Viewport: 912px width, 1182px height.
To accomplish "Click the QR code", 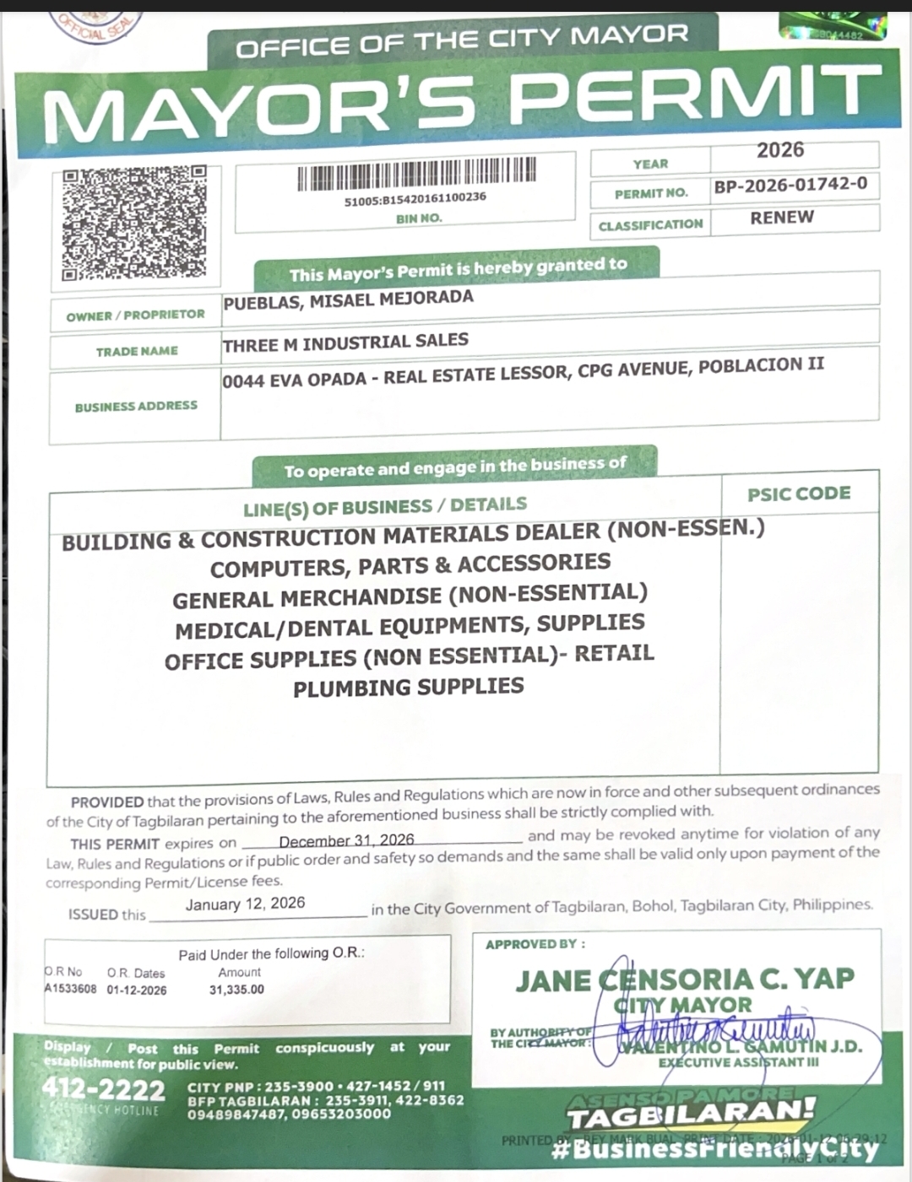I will point(133,224).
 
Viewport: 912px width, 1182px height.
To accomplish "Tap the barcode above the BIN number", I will point(415,175).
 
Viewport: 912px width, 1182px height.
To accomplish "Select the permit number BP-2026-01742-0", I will point(790,185).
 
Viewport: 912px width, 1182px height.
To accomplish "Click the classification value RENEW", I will point(782,217).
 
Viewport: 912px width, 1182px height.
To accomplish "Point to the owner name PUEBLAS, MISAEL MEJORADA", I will point(348,300).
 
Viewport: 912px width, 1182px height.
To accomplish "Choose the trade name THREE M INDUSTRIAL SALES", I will point(345,343).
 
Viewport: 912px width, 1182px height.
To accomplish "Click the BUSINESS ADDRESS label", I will point(136,407).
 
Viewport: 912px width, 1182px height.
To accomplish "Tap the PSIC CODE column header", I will point(799,494).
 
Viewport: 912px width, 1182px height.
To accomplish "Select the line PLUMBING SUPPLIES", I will point(409,688).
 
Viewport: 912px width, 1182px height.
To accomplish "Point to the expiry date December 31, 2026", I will point(346,840).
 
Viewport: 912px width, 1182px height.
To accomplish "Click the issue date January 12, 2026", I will point(245,904).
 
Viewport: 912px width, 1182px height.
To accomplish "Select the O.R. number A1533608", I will point(70,989).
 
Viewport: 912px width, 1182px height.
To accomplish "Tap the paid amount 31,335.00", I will point(236,990).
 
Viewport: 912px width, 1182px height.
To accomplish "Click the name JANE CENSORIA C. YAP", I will point(685,980).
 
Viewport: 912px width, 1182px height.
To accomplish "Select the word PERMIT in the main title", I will point(692,94).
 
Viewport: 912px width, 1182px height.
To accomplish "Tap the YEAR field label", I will point(650,164).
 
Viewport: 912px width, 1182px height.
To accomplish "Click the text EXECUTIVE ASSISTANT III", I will point(738,1062).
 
